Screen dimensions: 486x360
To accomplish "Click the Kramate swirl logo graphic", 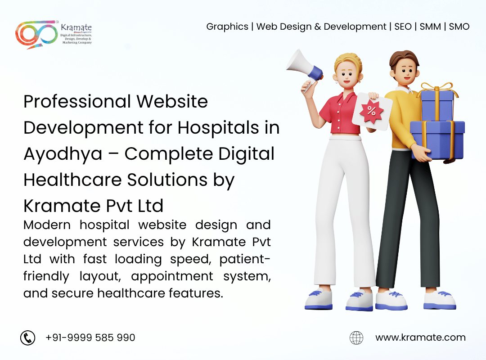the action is [x=36, y=34].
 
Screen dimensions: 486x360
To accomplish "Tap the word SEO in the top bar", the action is [x=403, y=27].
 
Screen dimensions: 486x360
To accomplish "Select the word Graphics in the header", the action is [x=227, y=27].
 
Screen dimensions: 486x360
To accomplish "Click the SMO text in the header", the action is [x=459, y=27].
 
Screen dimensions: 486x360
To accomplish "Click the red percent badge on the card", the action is [x=372, y=111].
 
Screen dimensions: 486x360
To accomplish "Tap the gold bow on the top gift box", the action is [x=437, y=88].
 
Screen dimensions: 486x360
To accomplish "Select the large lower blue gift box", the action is [x=437, y=139].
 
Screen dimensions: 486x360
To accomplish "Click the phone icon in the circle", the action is [x=28, y=337].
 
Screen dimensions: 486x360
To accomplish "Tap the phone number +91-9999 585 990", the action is [x=90, y=337].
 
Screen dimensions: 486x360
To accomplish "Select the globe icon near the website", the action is [x=356, y=337].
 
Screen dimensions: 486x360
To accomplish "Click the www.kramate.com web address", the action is [x=420, y=337].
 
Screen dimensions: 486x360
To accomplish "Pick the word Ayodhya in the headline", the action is [x=63, y=154].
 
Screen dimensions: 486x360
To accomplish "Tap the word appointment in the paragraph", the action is [x=172, y=276].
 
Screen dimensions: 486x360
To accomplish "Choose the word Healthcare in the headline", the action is [x=72, y=180].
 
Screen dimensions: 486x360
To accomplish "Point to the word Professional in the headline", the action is [x=77, y=101].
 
